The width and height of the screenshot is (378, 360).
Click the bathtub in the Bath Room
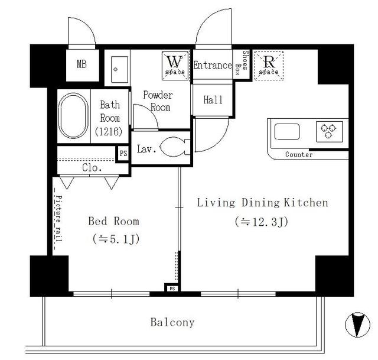click(73, 116)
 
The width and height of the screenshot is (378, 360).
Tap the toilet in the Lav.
click(175, 147)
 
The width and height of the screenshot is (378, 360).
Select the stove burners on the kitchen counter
click(329, 131)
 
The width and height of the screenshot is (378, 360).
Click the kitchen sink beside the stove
click(287, 132)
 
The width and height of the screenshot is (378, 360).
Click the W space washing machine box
click(175, 66)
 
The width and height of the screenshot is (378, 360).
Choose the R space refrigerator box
click(269, 66)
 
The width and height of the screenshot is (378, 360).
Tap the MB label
click(82, 64)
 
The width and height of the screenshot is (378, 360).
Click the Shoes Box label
click(242, 63)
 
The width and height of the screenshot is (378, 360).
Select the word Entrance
click(213, 65)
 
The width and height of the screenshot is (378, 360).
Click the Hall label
click(213, 100)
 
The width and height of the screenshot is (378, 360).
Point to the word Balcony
click(172, 322)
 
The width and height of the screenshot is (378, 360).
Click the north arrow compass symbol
click(357, 325)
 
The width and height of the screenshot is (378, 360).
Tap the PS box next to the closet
click(123, 154)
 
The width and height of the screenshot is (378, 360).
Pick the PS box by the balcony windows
click(172, 288)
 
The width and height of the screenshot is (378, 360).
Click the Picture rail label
click(58, 218)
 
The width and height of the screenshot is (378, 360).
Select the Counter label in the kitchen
click(299, 154)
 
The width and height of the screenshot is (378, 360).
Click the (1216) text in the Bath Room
click(109, 131)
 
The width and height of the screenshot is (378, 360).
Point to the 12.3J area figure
click(262, 222)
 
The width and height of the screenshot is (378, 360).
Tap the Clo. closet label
click(92, 167)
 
